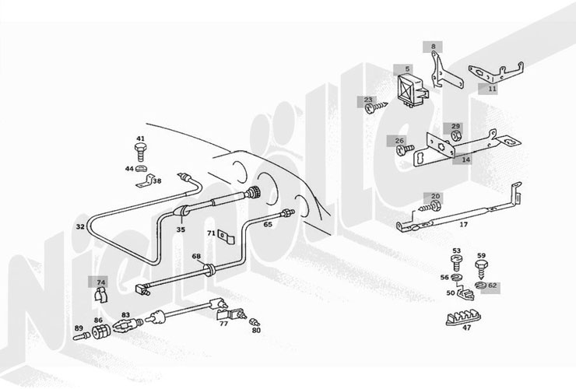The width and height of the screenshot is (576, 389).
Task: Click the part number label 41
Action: tap(140, 138)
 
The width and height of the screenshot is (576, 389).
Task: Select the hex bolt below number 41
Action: tap(140, 152)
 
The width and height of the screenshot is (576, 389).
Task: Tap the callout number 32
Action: tap(80, 226)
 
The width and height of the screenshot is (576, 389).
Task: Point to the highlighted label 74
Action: tap(101, 282)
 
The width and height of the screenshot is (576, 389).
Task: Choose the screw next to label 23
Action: tap(376, 107)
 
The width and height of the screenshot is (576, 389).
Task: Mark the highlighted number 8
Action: tap(434, 47)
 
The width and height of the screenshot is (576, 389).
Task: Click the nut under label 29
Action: tap(456, 136)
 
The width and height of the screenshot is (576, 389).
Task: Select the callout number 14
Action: tap(465, 159)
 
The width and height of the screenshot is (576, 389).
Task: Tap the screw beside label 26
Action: tap(406, 149)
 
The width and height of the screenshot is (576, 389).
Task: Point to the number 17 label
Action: tap(464, 224)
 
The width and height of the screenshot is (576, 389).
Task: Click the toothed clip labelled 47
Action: tap(463, 318)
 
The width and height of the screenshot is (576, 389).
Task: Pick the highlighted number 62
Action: tap(492, 286)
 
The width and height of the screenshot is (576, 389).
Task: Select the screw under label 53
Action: tap(456, 264)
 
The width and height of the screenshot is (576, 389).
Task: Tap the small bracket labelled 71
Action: tap(226, 237)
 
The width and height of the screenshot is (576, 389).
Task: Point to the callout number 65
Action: tap(268, 224)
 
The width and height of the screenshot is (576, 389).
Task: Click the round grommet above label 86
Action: tap(101, 331)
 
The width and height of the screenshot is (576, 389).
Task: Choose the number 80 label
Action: tap(256, 330)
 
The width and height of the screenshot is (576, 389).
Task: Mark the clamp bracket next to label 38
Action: tap(146, 181)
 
